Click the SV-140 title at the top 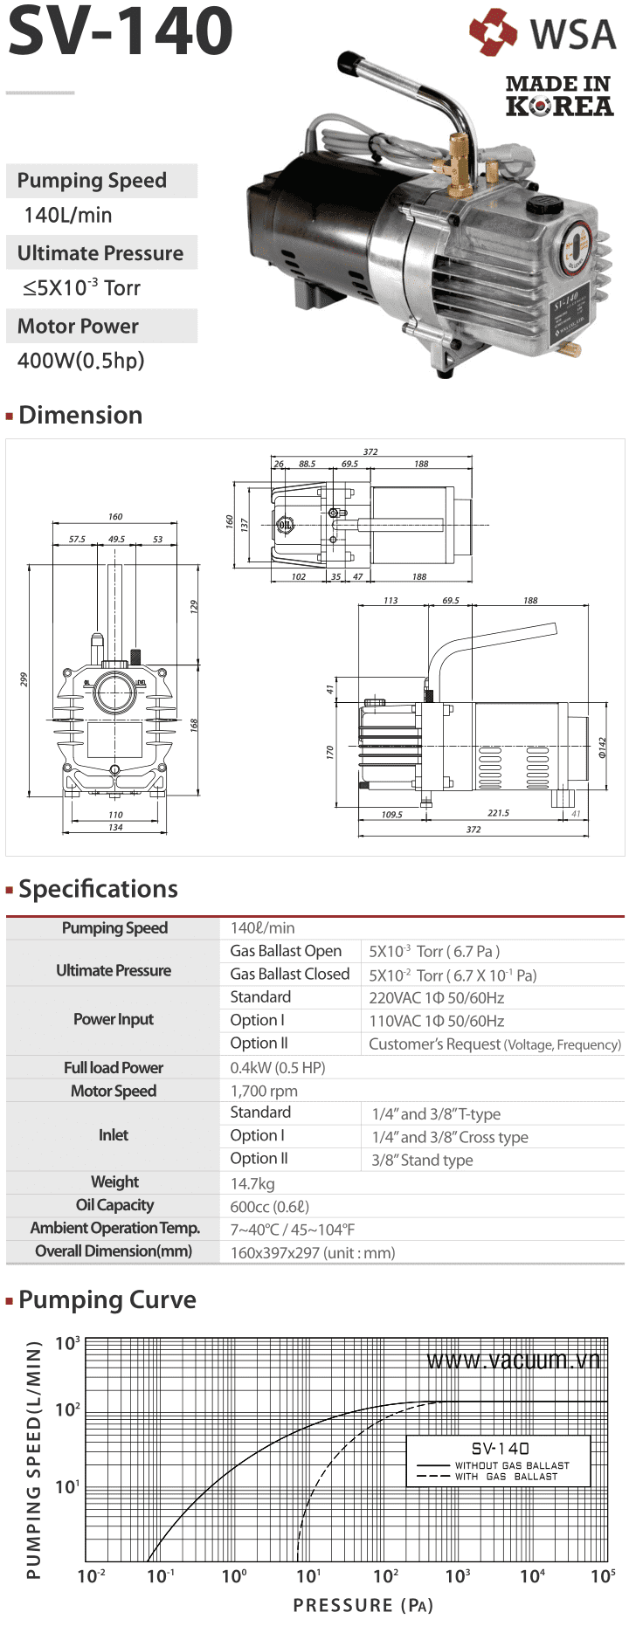point(121,31)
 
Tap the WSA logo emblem point(494,32)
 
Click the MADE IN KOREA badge point(559,96)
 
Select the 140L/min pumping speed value point(68,216)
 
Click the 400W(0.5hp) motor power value point(80,361)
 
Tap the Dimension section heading point(80,415)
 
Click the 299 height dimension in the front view point(24,679)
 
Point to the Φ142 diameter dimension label point(602,747)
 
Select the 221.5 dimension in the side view point(498,813)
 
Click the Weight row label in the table point(114,1182)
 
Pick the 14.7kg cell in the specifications point(252,1183)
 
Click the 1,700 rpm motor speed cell point(264,1091)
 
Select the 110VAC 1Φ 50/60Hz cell point(436,1021)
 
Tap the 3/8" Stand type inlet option point(422,1160)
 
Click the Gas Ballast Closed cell point(290,974)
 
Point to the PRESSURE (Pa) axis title point(363,1605)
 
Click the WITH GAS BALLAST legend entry point(505,1477)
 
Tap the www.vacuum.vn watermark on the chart point(513,1361)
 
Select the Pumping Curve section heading point(107,1299)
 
